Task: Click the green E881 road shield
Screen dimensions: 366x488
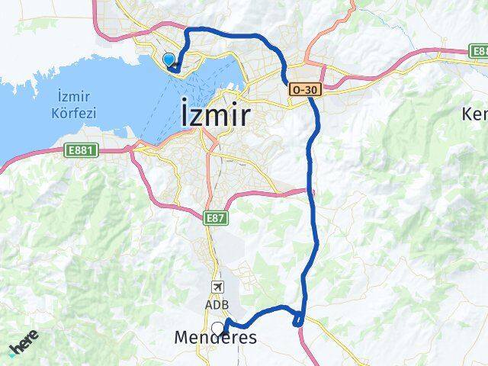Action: (x=80, y=149)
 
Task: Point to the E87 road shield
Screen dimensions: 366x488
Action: (x=215, y=219)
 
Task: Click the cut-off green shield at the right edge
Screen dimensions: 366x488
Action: (x=480, y=51)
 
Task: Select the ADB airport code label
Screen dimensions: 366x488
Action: (x=217, y=304)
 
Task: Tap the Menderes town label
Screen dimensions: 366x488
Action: (x=215, y=337)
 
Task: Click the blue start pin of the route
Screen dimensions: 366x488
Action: (x=169, y=59)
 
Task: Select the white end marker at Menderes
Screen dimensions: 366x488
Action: (x=219, y=329)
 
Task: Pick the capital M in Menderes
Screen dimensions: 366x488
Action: (x=183, y=337)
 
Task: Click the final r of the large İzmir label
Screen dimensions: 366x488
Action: (x=243, y=117)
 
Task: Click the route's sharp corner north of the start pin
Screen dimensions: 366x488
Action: (x=188, y=30)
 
